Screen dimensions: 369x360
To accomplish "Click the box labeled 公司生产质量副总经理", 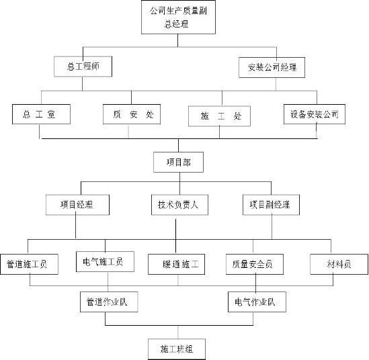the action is coord(178,17).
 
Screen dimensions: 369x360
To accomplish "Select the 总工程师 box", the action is coord(83,66).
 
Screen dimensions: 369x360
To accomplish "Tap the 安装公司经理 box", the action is coord(272,67).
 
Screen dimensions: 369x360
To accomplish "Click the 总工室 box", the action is coord(42,114).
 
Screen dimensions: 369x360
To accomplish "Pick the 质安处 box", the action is coord(132,114).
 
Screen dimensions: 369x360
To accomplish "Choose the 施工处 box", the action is coord(219,116).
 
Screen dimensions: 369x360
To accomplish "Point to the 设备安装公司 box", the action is coord(315,114).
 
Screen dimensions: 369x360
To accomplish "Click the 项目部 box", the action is coord(178,163).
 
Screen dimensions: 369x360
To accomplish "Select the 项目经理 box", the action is coord(78,205).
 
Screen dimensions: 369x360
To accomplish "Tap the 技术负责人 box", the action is coord(179,205).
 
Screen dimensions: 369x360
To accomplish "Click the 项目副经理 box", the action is coord(271,205).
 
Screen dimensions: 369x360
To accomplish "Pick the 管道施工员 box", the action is coord(29,264).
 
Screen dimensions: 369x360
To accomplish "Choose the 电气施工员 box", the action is coord(106,262).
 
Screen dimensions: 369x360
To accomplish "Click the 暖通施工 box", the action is coord(177,264).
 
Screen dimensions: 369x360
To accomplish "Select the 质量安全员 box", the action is coord(255,264).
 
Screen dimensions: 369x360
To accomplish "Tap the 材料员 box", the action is coord(339,264).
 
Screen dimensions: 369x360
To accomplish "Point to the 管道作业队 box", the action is coord(109,302).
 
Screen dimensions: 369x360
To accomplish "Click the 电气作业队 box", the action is coord(257,302).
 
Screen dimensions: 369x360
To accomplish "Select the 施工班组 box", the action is coord(177,349).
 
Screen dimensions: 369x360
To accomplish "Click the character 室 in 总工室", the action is coord(51,114).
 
